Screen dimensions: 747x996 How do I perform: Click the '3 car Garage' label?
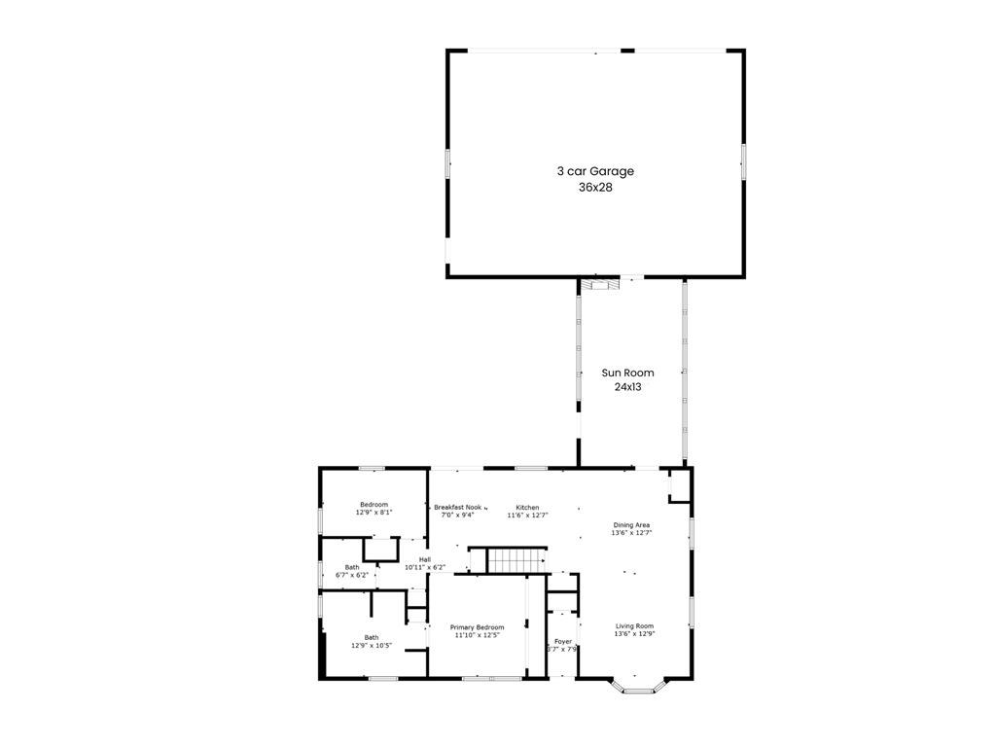[x=595, y=171]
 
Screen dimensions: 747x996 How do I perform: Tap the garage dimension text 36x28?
[x=595, y=187]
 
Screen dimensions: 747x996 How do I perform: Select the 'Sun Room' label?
[x=627, y=373]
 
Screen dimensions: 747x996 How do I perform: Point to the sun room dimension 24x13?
[x=627, y=386]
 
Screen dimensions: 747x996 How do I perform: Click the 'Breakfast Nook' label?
[x=458, y=507]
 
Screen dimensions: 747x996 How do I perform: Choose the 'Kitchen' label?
[x=527, y=507]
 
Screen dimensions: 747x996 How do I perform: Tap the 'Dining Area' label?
[x=631, y=525]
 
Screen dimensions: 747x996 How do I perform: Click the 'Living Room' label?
[x=633, y=626]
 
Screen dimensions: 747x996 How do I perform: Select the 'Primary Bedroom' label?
[x=477, y=627]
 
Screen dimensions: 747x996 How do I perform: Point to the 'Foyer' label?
[x=563, y=641]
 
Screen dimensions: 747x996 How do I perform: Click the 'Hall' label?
[x=425, y=559]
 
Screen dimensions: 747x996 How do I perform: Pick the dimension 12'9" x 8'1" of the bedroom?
[x=373, y=512]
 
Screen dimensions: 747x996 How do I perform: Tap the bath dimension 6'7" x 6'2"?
[x=351, y=575]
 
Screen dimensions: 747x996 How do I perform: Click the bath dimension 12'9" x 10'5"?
[x=372, y=645]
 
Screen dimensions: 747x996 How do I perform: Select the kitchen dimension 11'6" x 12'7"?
[x=527, y=516]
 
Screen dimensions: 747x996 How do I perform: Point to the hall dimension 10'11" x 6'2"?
[x=425, y=567]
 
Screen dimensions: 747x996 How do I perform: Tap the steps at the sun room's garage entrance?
[x=600, y=284]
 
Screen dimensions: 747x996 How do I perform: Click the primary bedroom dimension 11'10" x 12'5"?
[x=477, y=636]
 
